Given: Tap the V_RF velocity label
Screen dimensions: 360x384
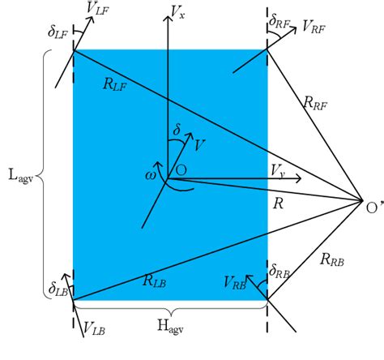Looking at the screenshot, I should [315, 26].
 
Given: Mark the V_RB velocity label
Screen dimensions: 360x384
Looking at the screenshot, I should [236, 282].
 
